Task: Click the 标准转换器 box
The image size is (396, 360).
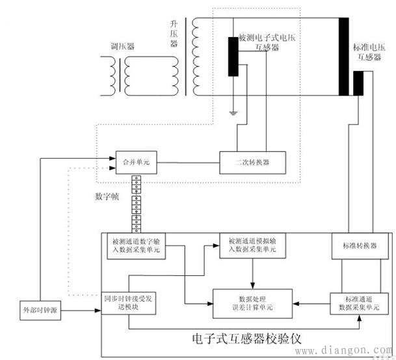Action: point(359,246)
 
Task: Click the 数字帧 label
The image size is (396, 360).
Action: point(106,195)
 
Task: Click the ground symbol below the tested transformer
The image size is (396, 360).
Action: point(232,113)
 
